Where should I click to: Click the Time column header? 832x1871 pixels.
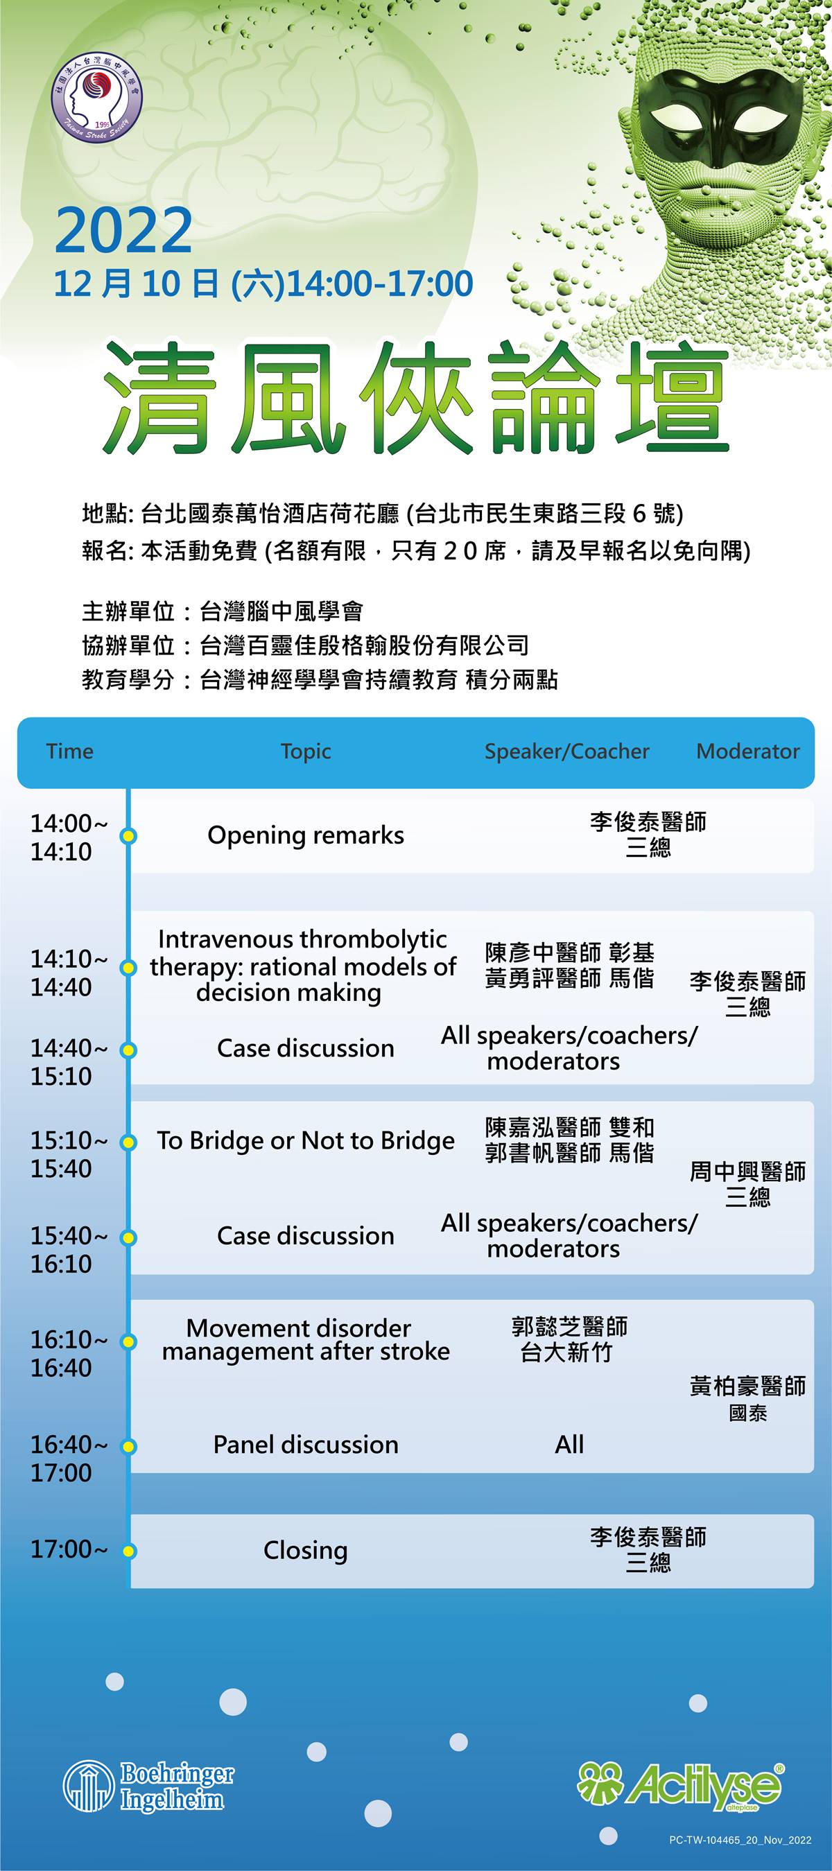[70, 751]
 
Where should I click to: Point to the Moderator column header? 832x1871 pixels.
[747, 751]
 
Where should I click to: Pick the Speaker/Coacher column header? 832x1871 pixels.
[566, 751]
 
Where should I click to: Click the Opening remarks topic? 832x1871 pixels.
[306, 836]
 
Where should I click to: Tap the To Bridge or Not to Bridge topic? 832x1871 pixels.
[306, 1141]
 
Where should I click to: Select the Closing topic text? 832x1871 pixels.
[306, 1551]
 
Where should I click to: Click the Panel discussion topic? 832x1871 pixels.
[306, 1445]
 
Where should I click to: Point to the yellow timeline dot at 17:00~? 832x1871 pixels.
[129, 1551]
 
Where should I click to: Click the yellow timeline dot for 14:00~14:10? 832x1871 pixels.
[129, 836]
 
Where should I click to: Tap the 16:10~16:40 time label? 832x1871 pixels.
[69, 1353]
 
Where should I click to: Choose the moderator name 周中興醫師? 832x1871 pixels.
[747, 1172]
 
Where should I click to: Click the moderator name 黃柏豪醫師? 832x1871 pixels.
[747, 1386]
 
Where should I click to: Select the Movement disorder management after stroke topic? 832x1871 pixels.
[306, 1340]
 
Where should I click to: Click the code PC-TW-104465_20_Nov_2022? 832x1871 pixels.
[740, 1855]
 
